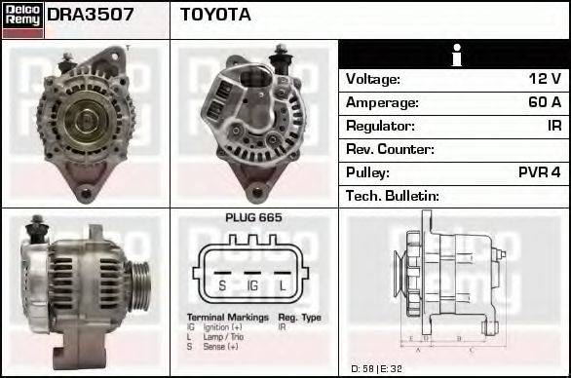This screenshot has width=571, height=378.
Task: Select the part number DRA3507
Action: pos(91,16)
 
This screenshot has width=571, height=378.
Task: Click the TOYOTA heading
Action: pos(215,16)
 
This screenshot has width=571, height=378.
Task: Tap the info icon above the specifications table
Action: pos(454,56)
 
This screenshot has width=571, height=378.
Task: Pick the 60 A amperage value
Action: pos(543,102)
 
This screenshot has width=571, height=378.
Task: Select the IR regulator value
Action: pos(553,126)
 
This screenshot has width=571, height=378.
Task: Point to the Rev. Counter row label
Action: pos(390,149)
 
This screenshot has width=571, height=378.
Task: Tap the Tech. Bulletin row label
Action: pos(393,196)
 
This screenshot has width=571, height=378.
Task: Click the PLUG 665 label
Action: pos(253,217)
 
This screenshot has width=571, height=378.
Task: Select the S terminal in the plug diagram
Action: pos(221,285)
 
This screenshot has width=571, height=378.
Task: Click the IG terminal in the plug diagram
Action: pos(252,285)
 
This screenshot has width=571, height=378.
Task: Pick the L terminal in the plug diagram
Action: pos(283,285)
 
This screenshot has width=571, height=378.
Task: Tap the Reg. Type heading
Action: pos(299,318)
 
